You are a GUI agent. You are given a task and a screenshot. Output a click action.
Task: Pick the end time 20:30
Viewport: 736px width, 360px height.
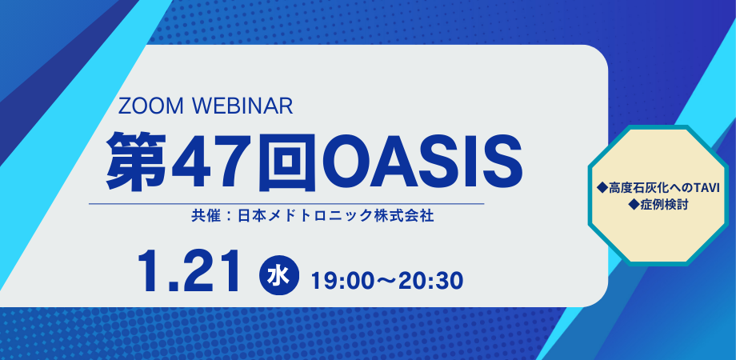coord(431,281)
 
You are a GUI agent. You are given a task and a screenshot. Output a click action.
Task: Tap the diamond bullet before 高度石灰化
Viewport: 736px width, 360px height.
coord(602,188)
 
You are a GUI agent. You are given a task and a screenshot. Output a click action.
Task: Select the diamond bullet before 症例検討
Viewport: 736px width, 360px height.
coord(634,205)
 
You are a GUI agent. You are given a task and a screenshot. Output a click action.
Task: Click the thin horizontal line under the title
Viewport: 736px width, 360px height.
coord(286,204)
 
